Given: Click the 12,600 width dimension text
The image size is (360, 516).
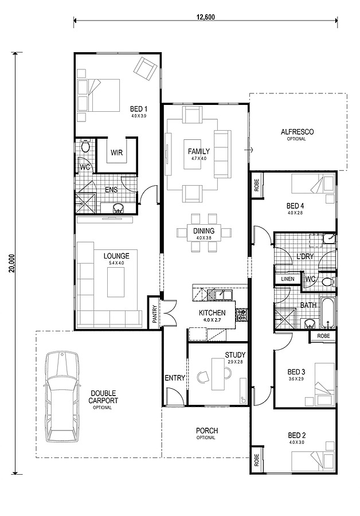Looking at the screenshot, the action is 206,17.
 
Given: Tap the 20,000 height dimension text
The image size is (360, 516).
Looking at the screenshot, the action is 12,263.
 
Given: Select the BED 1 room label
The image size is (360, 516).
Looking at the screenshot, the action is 139,109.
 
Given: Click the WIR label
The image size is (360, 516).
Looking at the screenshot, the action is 116,153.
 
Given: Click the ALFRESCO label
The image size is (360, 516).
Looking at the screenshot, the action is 297,132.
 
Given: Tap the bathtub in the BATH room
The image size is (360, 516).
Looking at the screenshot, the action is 328,313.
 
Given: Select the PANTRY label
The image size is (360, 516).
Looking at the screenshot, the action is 154,314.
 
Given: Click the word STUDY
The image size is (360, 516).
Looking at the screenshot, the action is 235,355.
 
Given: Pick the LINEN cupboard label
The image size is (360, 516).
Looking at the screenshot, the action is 287,279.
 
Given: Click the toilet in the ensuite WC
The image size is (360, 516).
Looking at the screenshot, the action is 85,146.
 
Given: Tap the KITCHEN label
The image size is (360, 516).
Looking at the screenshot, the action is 212,313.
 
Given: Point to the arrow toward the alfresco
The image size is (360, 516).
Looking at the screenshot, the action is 248,150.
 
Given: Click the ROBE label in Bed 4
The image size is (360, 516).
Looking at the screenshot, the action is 257,186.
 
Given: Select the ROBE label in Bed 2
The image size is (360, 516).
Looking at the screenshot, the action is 257,460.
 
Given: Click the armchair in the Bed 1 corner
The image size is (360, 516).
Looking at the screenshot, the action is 145,69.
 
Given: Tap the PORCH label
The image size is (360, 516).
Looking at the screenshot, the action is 206,431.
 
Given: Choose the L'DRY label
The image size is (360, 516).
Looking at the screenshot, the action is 305,256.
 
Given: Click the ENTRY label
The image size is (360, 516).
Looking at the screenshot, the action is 175,378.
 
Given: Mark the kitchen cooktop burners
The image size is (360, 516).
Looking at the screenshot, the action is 241,315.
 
